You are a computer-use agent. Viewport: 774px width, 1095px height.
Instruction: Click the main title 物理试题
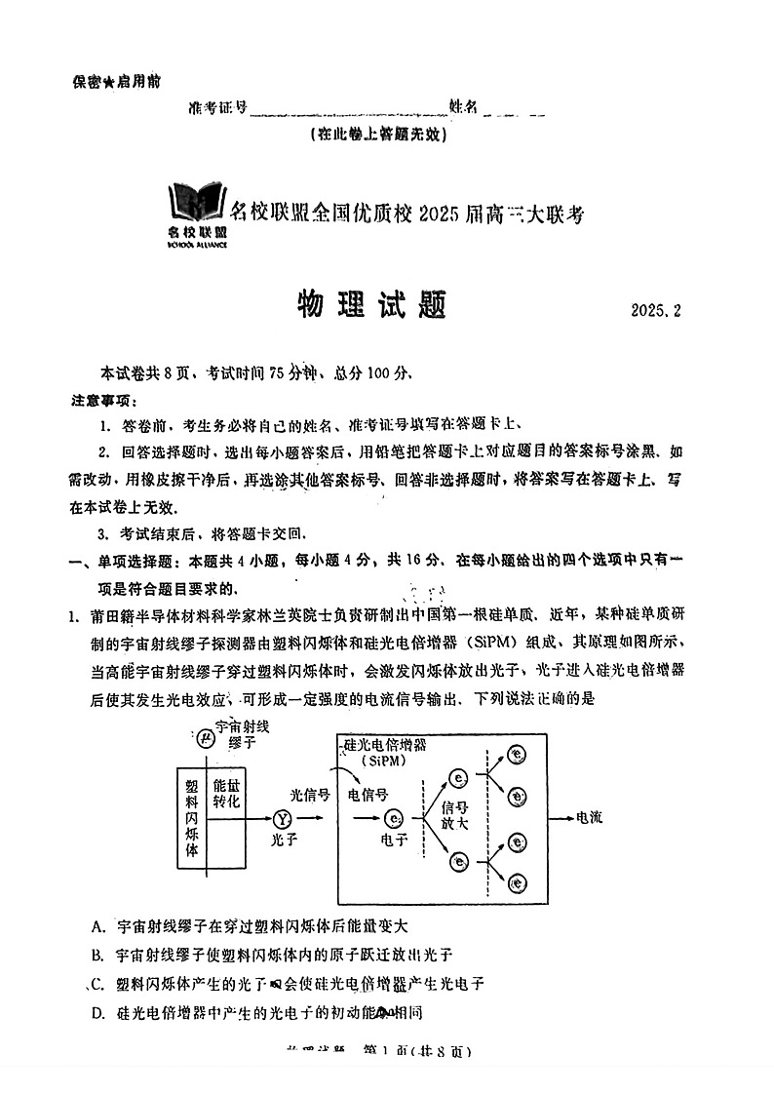[x=371, y=305]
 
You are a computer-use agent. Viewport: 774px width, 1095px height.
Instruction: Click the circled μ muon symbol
[x=205, y=738]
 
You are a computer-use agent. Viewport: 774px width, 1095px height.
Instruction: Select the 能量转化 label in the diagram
[x=226, y=793]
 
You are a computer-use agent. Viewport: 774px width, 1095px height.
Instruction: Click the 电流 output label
[x=589, y=816]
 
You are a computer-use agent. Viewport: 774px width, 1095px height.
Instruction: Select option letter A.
[x=97, y=924]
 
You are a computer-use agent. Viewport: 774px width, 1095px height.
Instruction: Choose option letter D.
[x=97, y=1012]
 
